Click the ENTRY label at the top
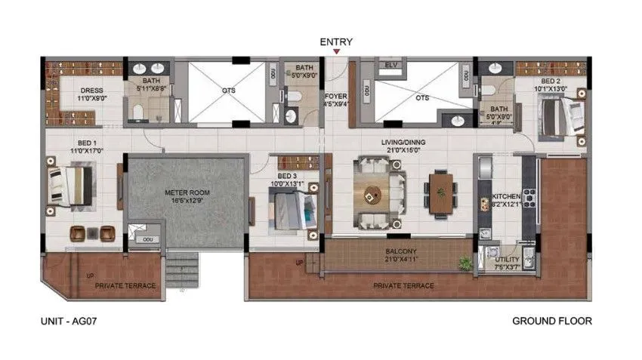click(x=336, y=42)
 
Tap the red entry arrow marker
click(x=336, y=53)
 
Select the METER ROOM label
click(x=187, y=193)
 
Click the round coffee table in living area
click(x=372, y=195)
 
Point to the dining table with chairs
click(x=440, y=194)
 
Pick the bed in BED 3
click(x=292, y=209)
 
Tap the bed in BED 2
click(x=560, y=118)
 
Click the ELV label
click(x=390, y=66)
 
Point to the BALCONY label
click(x=398, y=251)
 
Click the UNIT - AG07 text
click(x=69, y=321)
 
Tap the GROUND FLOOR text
click(x=551, y=321)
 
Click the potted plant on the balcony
click(x=465, y=263)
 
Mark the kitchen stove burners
click(x=529, y=197)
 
